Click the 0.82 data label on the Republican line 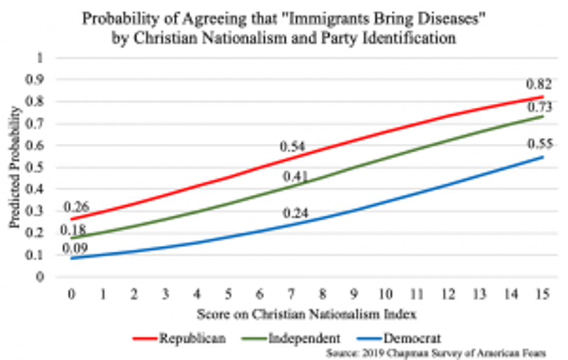[539, 85]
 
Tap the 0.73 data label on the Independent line [539, 108]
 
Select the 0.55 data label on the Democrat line [539, 144]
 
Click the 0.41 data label [295, 176]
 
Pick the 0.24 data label [295, 213]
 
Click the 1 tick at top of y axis [41, 58]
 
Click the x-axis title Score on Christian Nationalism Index [307, 315]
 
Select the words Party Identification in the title [398, 40]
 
